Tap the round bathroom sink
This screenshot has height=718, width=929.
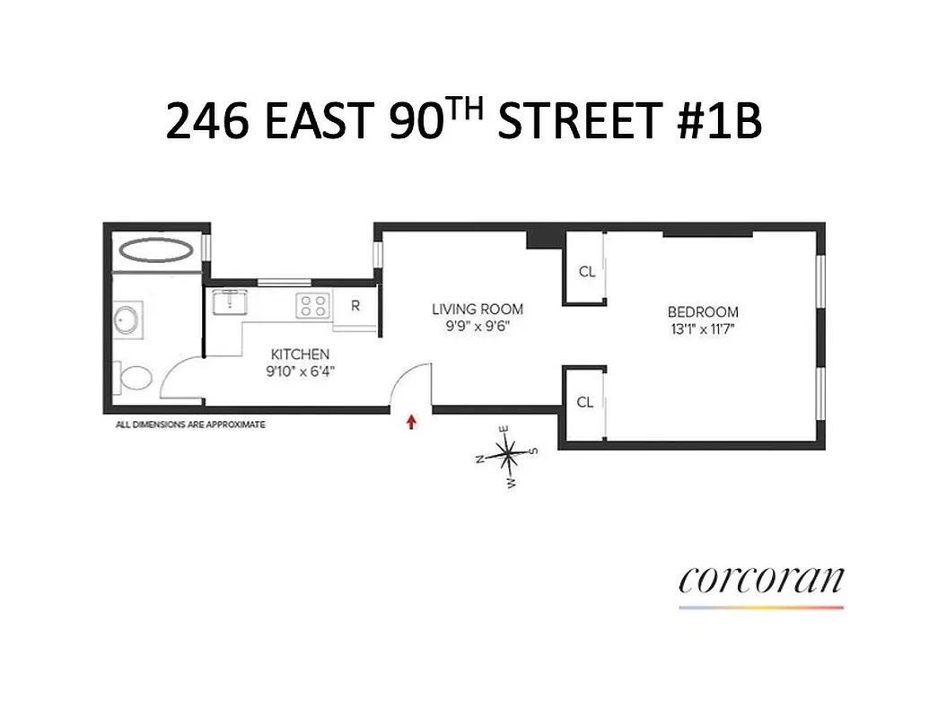coord(126,320)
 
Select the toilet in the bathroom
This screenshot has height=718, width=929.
coord(135,380)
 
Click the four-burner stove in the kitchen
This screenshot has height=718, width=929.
coord(314,305)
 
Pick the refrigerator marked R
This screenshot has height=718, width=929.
coord(355,305)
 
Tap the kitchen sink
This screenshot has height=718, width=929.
coord(230,302)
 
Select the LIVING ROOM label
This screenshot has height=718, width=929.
coord(477,309)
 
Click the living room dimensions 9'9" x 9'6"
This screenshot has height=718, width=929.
coord(477,326)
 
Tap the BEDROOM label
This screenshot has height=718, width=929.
coord(703,311)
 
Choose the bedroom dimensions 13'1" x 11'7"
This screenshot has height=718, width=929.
coord(703,328)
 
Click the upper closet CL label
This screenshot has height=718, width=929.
coord(587,271)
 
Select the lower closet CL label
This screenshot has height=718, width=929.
coord(585,402)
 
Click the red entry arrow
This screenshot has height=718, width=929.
coord(412,422)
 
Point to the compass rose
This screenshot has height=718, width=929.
coord(508,456)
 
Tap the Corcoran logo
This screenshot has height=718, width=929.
coord(761,581)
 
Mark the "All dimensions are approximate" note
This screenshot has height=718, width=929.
coord(190,425)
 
